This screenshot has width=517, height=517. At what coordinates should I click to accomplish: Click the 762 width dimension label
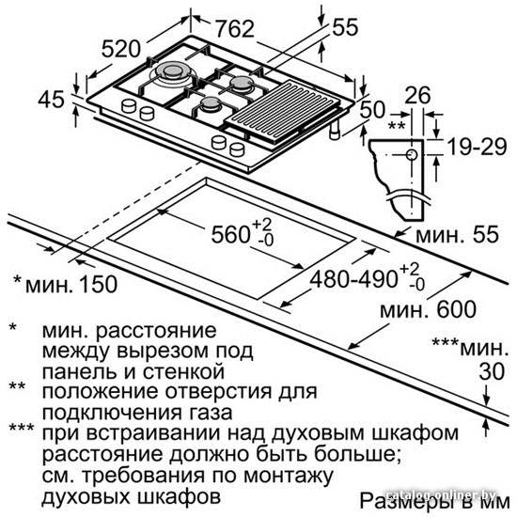coord(235,29)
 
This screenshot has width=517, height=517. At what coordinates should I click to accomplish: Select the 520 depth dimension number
coord(121,49)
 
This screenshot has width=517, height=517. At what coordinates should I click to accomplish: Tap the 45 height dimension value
coord(51,99)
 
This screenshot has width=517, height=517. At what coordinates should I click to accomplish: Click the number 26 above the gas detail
coord(417,95)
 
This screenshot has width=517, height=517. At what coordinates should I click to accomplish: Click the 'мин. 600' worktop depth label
coord(428,309)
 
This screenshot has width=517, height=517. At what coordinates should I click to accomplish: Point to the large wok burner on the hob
coord(171,72)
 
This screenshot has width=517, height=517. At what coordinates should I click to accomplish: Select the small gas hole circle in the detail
coord(412,154)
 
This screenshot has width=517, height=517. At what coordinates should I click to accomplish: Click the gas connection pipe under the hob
coord(335,130)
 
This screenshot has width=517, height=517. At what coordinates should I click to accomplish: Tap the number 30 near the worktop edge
coord(492,371)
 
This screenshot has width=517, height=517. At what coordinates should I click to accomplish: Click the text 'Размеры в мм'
coord(434,502)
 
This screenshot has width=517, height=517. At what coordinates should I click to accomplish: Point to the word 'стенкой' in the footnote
coord(183,372)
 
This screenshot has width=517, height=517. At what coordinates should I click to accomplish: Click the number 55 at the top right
coord(345,27)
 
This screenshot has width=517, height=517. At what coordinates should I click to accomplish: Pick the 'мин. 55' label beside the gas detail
coord(458,235)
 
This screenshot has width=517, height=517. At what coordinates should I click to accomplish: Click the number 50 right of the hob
coord(372,109)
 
